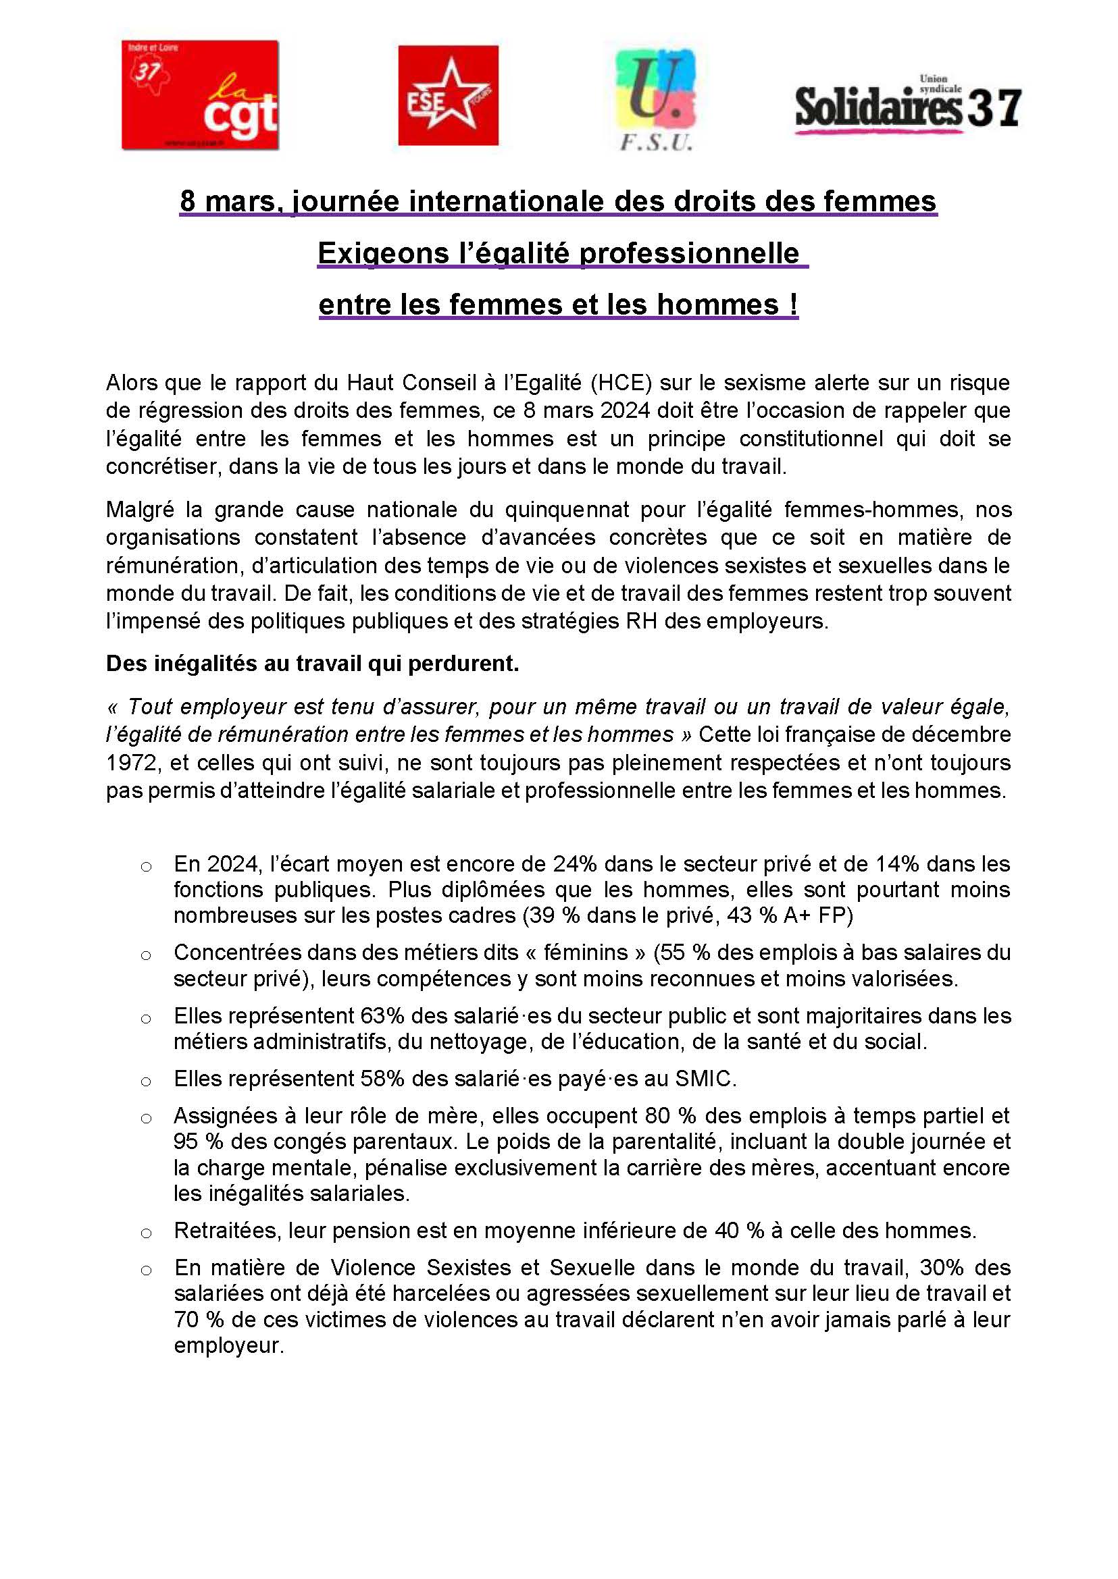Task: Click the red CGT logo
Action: coord(200,95)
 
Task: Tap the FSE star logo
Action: coord(448,95)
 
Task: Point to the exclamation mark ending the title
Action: coord(794,304)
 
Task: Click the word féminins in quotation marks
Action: coord(585,953)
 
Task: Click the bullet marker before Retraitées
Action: coord(146,1232)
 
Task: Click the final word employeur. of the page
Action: coord(228,1346)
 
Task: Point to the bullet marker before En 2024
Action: coord(146,866)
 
